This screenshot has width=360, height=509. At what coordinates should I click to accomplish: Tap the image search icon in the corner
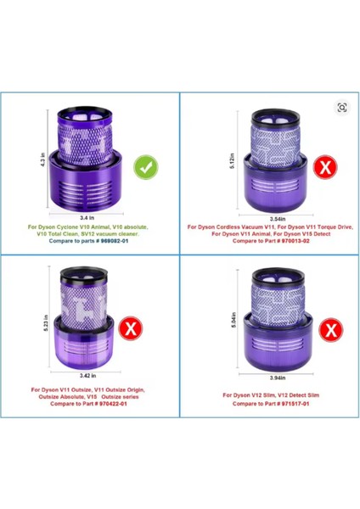coord(342,108)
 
